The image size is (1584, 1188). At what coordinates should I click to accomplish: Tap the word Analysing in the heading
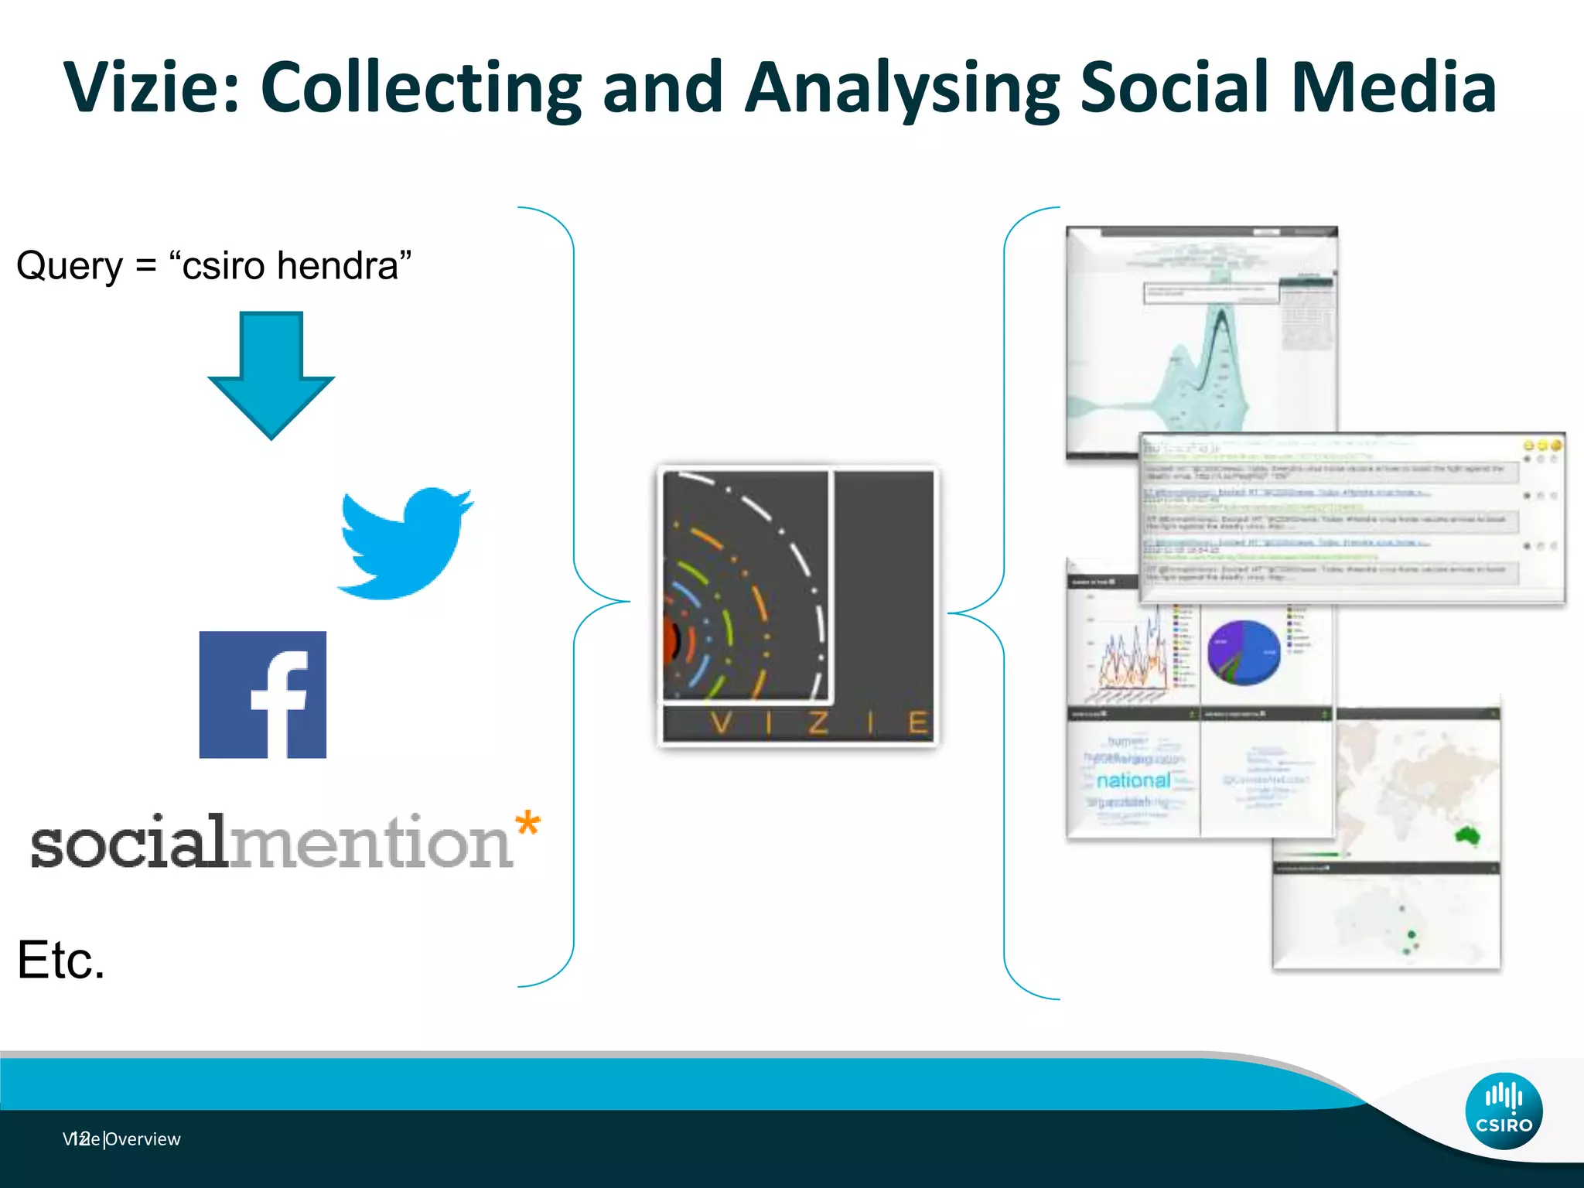(x=901, y=88)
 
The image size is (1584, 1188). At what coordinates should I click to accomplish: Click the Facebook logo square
(x=263, y=695)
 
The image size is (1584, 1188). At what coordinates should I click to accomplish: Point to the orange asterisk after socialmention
(x=527, y=823)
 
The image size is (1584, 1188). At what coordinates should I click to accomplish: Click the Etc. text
(x=60, y=961)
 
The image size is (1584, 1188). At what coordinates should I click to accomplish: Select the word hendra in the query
(x=337, y=265)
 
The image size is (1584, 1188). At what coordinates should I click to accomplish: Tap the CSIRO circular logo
(x=1504, y=1111)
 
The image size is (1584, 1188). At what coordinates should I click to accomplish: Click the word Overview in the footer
(x=143, y=1139)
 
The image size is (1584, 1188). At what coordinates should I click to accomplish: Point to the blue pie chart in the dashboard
(x=1244, y=652)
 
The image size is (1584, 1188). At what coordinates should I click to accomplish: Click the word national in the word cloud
(x=1133, y=780)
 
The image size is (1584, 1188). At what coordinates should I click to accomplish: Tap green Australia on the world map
(x=1467, y=835)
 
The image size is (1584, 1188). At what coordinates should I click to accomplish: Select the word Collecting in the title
(x=421, y=87)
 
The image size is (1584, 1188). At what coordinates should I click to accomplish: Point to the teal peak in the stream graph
(x=1220, y=325)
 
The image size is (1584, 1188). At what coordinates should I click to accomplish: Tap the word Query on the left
(x=70, y=267)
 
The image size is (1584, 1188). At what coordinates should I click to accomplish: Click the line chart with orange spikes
(x=1133, y=657)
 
